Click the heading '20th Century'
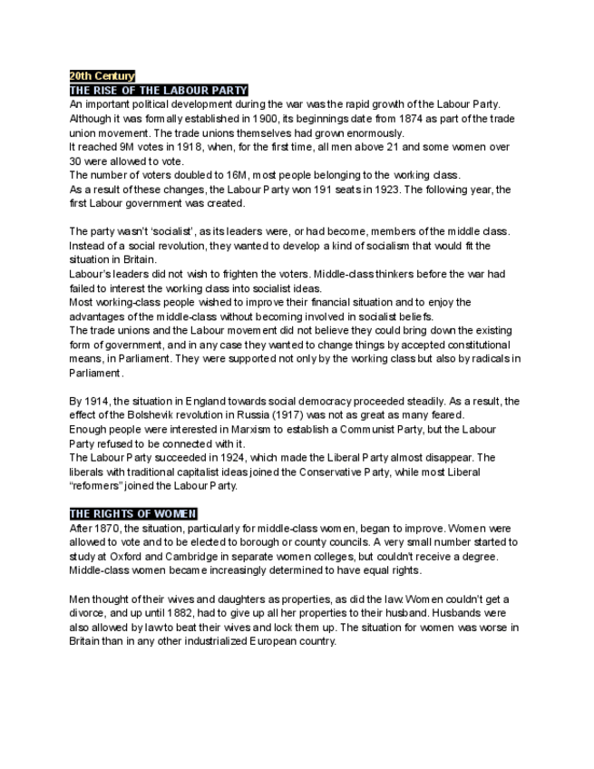(102, 76)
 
